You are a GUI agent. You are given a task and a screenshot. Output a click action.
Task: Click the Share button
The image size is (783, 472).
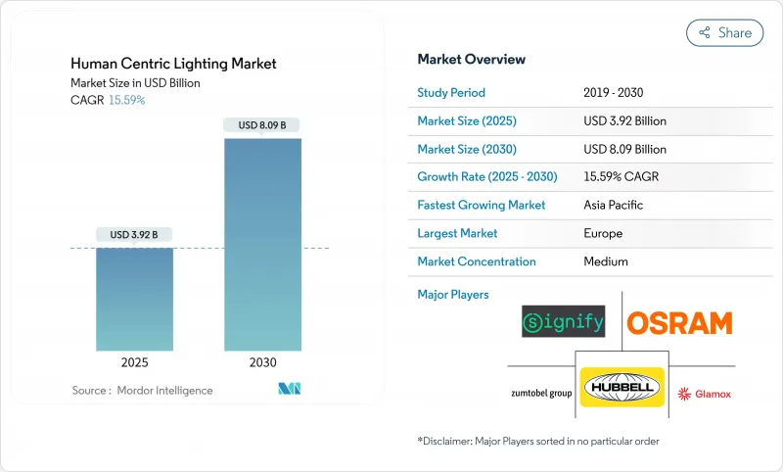point(724,32)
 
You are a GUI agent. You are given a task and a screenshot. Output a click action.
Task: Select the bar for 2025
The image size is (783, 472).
point(134,299)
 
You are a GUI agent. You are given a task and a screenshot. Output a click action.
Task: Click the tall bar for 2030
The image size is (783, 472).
point(262,244)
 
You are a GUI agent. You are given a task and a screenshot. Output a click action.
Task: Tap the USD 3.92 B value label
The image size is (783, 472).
point(134,234)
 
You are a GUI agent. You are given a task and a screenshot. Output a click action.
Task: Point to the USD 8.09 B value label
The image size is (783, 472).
point(262,124)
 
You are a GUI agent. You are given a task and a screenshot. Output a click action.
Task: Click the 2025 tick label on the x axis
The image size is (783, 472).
point(134,362)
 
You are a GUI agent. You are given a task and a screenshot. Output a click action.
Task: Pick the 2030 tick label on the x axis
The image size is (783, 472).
point(262,362)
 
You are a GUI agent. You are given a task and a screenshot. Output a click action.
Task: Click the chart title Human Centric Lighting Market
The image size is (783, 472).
point(173,64)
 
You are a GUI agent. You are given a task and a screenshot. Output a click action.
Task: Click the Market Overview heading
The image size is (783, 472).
point(471,60)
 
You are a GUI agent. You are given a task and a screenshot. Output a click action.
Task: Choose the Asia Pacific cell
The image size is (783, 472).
point(614,206)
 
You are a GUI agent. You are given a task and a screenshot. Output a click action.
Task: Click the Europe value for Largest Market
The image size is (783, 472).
point(603,234)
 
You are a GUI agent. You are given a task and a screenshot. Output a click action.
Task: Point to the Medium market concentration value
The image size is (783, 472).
point(606,261)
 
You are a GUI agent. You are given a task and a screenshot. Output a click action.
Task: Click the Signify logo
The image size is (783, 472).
point(563,321)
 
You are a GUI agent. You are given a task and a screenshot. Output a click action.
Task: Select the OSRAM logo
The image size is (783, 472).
point(679,322)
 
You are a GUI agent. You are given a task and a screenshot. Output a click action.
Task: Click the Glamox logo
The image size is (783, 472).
point(705,394)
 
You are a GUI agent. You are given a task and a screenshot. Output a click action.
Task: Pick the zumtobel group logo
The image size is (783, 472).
point(540,393)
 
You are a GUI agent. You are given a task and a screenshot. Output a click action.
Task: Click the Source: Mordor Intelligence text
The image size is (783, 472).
point(142,391)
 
